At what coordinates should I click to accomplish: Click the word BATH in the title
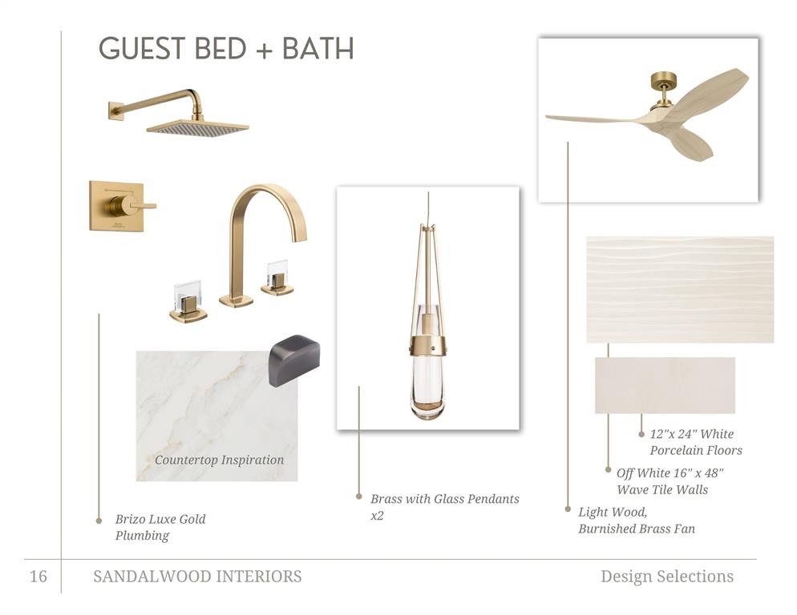coord(318,49)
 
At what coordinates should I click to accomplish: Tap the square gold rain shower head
coord(198,128)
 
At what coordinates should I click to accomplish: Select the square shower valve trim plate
coord(117,206)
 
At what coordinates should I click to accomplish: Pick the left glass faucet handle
coord(188,302)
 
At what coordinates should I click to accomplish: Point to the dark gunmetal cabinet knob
coord(294,360)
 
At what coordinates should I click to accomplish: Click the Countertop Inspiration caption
coord(219,460)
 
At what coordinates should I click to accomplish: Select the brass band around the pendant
coord(428,345)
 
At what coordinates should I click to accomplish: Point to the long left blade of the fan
coord(595,119)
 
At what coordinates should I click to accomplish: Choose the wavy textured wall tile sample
coord(680,289)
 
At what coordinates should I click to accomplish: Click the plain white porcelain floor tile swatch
coord(665,385)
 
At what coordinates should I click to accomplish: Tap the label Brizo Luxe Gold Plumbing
coord(160,527)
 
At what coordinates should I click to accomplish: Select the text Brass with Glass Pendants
coord(445,499)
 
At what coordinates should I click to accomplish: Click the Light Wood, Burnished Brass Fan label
coord(637,521)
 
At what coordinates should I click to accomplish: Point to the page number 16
coord(38,577)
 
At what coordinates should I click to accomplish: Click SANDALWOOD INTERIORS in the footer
coord(197,577)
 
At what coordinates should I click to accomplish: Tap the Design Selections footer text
coord(667,577)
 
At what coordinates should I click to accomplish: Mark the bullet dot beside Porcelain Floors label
coord(641,434)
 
